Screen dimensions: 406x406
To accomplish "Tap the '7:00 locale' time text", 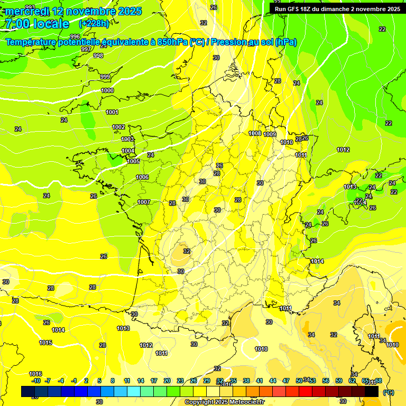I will pyautogui.click(x=36, y=24).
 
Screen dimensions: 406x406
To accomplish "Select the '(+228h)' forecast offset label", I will pyautogui.click(x=94, y=24).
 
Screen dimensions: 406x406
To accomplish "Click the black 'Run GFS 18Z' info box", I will pyautogui.click(x=337, y=8).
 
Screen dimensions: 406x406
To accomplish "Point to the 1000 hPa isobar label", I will pyautogui.click(x=107, y=90).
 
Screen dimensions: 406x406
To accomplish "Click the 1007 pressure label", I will pyautogui.click(x=144, y=202).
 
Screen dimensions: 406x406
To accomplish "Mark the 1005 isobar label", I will pyautogui.click(x=133, y=161).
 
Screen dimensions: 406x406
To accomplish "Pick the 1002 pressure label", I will pyautogui.click(x=118, y=127).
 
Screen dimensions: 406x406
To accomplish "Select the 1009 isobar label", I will pyautogui.click(x=270, y=134).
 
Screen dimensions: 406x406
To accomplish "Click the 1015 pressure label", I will pyautogui.click(x=45, y=343).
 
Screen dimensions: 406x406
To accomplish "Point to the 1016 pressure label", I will pyautogui.click(x=35, y=374).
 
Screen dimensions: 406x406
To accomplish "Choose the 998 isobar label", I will pyautogui.click(x=98, y=56).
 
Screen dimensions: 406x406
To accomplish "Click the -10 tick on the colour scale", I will pyautogui.click(x=36, y=381).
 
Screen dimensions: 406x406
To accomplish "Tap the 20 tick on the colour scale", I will pyautogui.click(x=167, y=381).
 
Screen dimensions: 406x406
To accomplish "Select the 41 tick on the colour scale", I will pyautogui.click(x=260, y=381).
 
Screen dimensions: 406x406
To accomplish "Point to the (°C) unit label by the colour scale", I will pyautogui.click(x=389, y=392).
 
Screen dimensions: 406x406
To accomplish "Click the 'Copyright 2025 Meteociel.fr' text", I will pyautogui.click(x=225, y=402).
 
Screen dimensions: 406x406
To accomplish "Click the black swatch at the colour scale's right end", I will pyautogui.click(x=372, y=392).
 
